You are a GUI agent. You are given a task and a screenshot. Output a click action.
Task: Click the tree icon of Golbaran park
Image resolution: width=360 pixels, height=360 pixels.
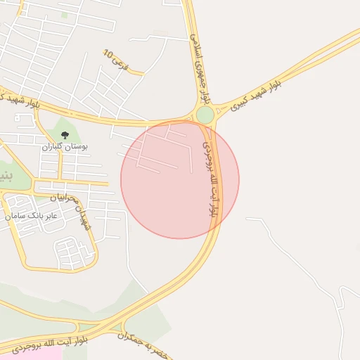(65, 134)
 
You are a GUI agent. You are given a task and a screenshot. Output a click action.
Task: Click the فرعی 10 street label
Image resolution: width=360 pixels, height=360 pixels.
(116, 60)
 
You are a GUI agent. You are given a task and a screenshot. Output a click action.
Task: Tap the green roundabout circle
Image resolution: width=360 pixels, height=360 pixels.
(205, 115)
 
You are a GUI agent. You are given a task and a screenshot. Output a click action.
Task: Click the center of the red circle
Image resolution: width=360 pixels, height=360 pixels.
(180, 179)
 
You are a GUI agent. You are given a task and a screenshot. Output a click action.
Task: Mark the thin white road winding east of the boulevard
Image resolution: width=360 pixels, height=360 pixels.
(302, 260)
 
